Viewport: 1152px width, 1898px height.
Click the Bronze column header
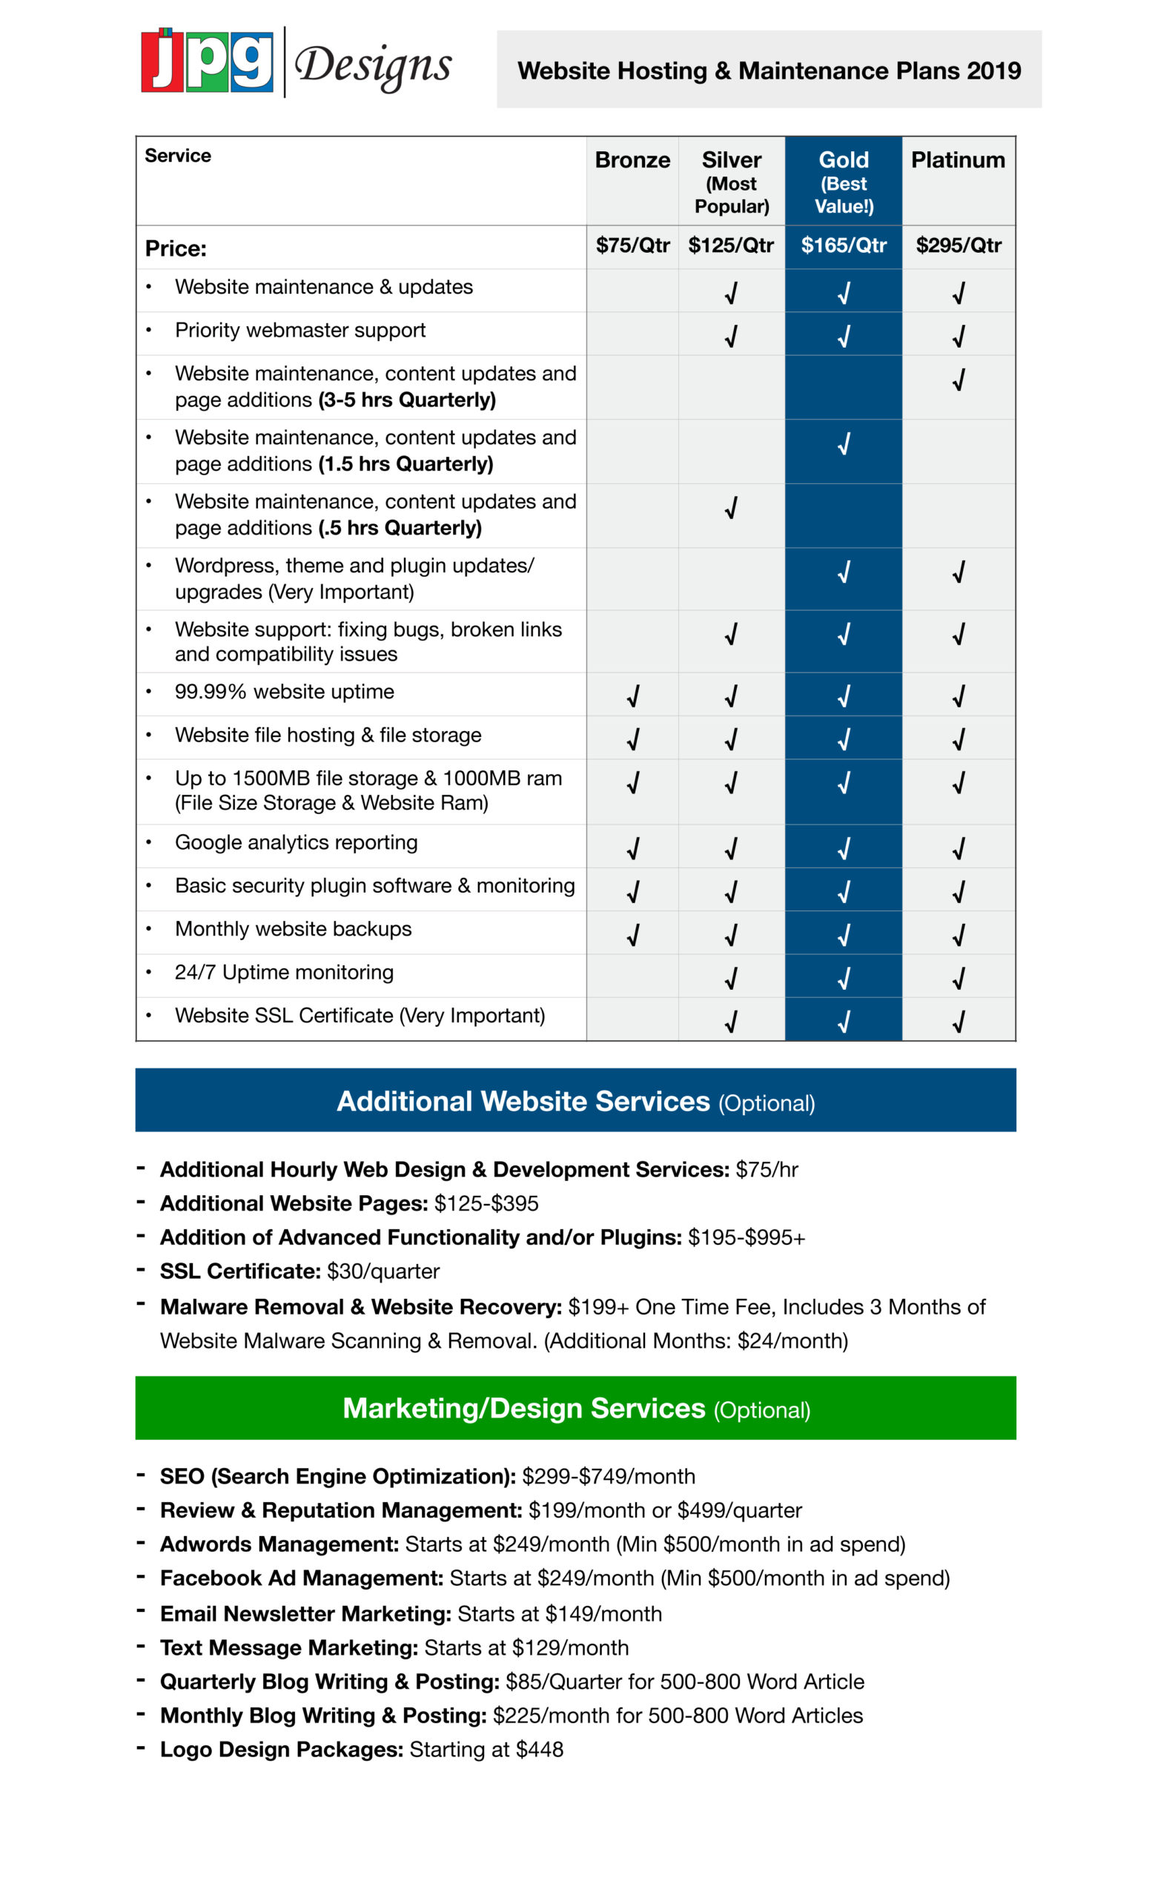click(632, 160)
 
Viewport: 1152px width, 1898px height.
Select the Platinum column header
click(958, 160)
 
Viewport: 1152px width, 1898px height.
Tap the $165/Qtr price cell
click(843, 245)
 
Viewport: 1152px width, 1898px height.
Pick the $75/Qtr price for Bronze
click(632, 245)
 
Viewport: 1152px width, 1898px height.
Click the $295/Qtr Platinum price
click(958, 245)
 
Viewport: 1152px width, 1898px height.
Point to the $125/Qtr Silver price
click(731, 245)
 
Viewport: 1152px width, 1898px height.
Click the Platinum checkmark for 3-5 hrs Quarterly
click(958, 380)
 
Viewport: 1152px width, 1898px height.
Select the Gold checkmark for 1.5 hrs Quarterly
click(844, 443)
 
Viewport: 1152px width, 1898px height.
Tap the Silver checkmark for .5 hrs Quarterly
click(731, 508)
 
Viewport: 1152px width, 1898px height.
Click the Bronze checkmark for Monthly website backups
click(632, 935)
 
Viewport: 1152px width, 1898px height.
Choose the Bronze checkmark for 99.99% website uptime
click(632, 696)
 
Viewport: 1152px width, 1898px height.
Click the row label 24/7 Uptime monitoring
click(284, 972)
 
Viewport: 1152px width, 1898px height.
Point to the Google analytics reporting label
click(296, 843)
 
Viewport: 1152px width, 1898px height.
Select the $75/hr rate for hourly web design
click(767, 1169)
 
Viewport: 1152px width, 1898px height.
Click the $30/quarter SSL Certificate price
click(383, 1271)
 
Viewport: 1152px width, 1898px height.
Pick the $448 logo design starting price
click(539, 1749)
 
